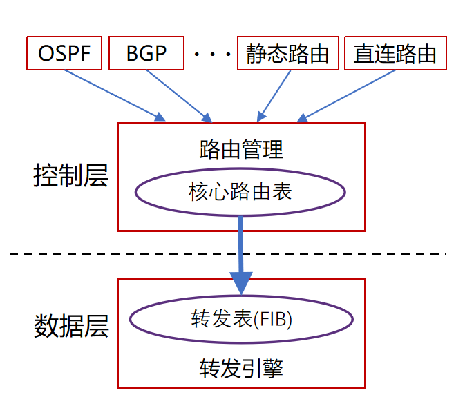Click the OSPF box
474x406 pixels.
[64, 54]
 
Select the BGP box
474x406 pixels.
[146, 54]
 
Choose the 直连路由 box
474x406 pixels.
[395, 54]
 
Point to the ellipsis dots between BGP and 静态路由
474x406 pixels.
[211, 55]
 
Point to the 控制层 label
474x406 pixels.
[70, 176]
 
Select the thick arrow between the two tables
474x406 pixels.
[240, 249]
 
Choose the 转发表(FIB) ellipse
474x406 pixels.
[241, 320]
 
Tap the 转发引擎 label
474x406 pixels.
[241, 367]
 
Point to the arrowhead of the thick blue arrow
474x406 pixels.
[240, 282]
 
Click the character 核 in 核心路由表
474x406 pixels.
[198, 191]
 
